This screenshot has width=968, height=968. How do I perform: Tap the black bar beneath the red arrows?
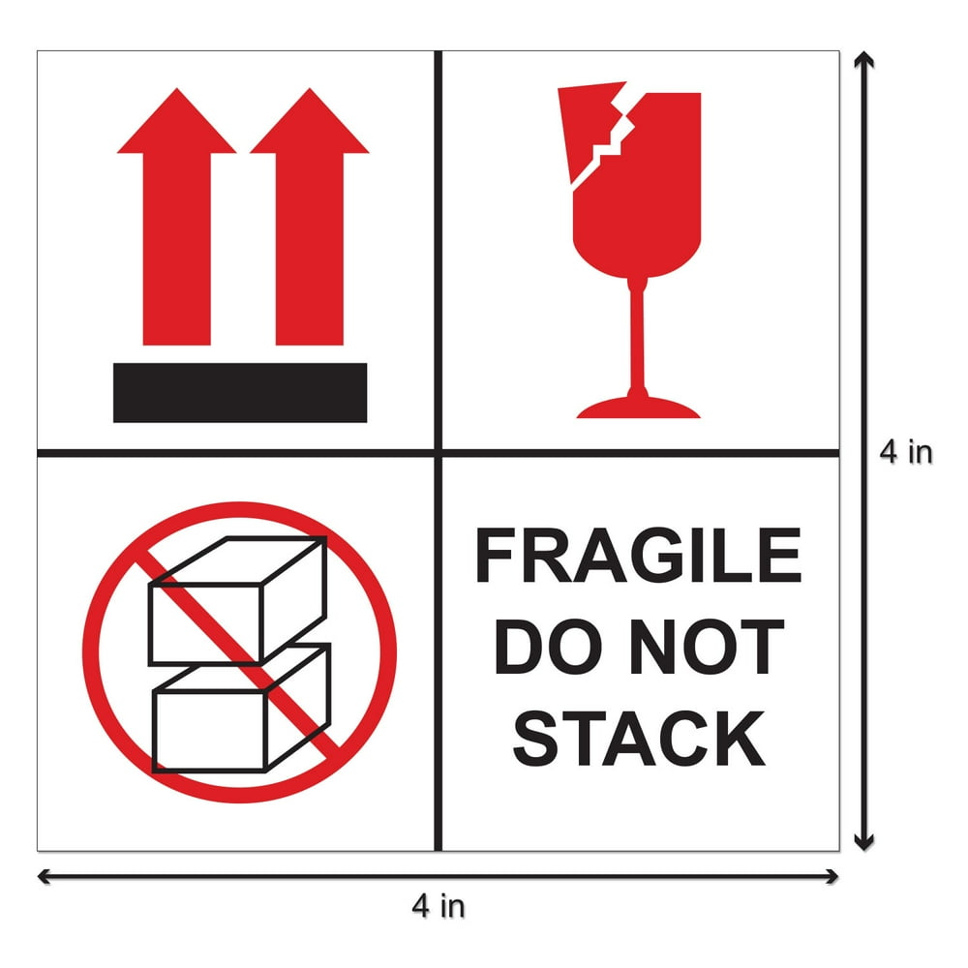(240, 393)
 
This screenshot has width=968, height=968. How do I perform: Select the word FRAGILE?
(638, 559)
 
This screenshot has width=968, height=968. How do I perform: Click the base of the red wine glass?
(638, 408)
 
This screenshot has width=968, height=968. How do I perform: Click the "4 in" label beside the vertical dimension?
(906, 452)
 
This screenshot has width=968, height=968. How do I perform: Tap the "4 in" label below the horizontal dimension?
(438, 907)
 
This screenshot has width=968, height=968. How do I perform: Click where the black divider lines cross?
(438, 452)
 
